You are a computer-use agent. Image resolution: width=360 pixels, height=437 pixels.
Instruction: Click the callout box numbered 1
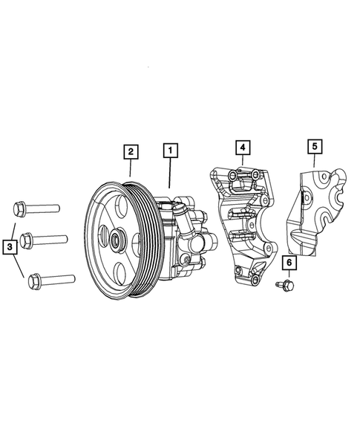click(170, 151)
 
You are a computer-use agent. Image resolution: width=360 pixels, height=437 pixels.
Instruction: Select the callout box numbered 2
click(130, 151)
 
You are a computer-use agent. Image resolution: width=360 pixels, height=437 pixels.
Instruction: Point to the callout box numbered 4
click(243, 146)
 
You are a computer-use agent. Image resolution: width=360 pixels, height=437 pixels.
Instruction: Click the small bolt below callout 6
click(284, 286)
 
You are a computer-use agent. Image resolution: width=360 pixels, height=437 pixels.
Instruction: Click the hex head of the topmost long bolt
click(19, 207)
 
